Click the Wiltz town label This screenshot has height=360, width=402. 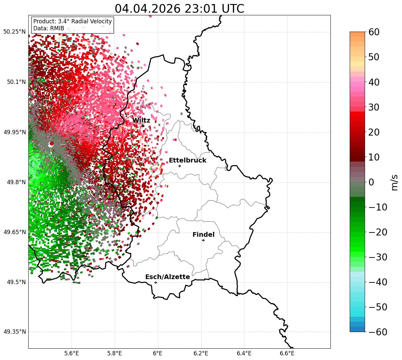pyautogui.click(x=141, y=120)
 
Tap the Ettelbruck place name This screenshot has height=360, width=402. pyautogui.click(x=188, y=160)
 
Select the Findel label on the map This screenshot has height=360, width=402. pyautogui.click(x=203, y=234)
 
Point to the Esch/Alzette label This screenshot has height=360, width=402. pyautogui.click(x=168, y=277)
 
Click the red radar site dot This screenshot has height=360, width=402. pyautogui.click(x=52, y=144)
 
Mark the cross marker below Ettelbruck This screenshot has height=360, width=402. pyautogui.click(x=180, y=166)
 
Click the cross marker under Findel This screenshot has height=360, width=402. pyautogui.click(x=203, y=240)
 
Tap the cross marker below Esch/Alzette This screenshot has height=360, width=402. pyautogui.click(x=156, y=282)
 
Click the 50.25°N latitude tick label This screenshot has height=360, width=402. pyautogui.click(x=14, y=32)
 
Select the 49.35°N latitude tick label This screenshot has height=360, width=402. pyautogui.click(x=15, y=332)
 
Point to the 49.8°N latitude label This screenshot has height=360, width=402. pyautogui.click(x=16, y=182)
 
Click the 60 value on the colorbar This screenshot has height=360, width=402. pyautogui.click(x=374, y=32)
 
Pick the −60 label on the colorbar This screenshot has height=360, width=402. pyautogui.click(x=378, y=332)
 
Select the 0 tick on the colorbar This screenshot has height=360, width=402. pyautogui.click(x=371, y=182)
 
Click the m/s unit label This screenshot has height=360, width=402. pyautogui.click(x=394, y=182)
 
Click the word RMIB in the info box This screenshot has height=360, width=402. pyautogui.click(x=57, y=28)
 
